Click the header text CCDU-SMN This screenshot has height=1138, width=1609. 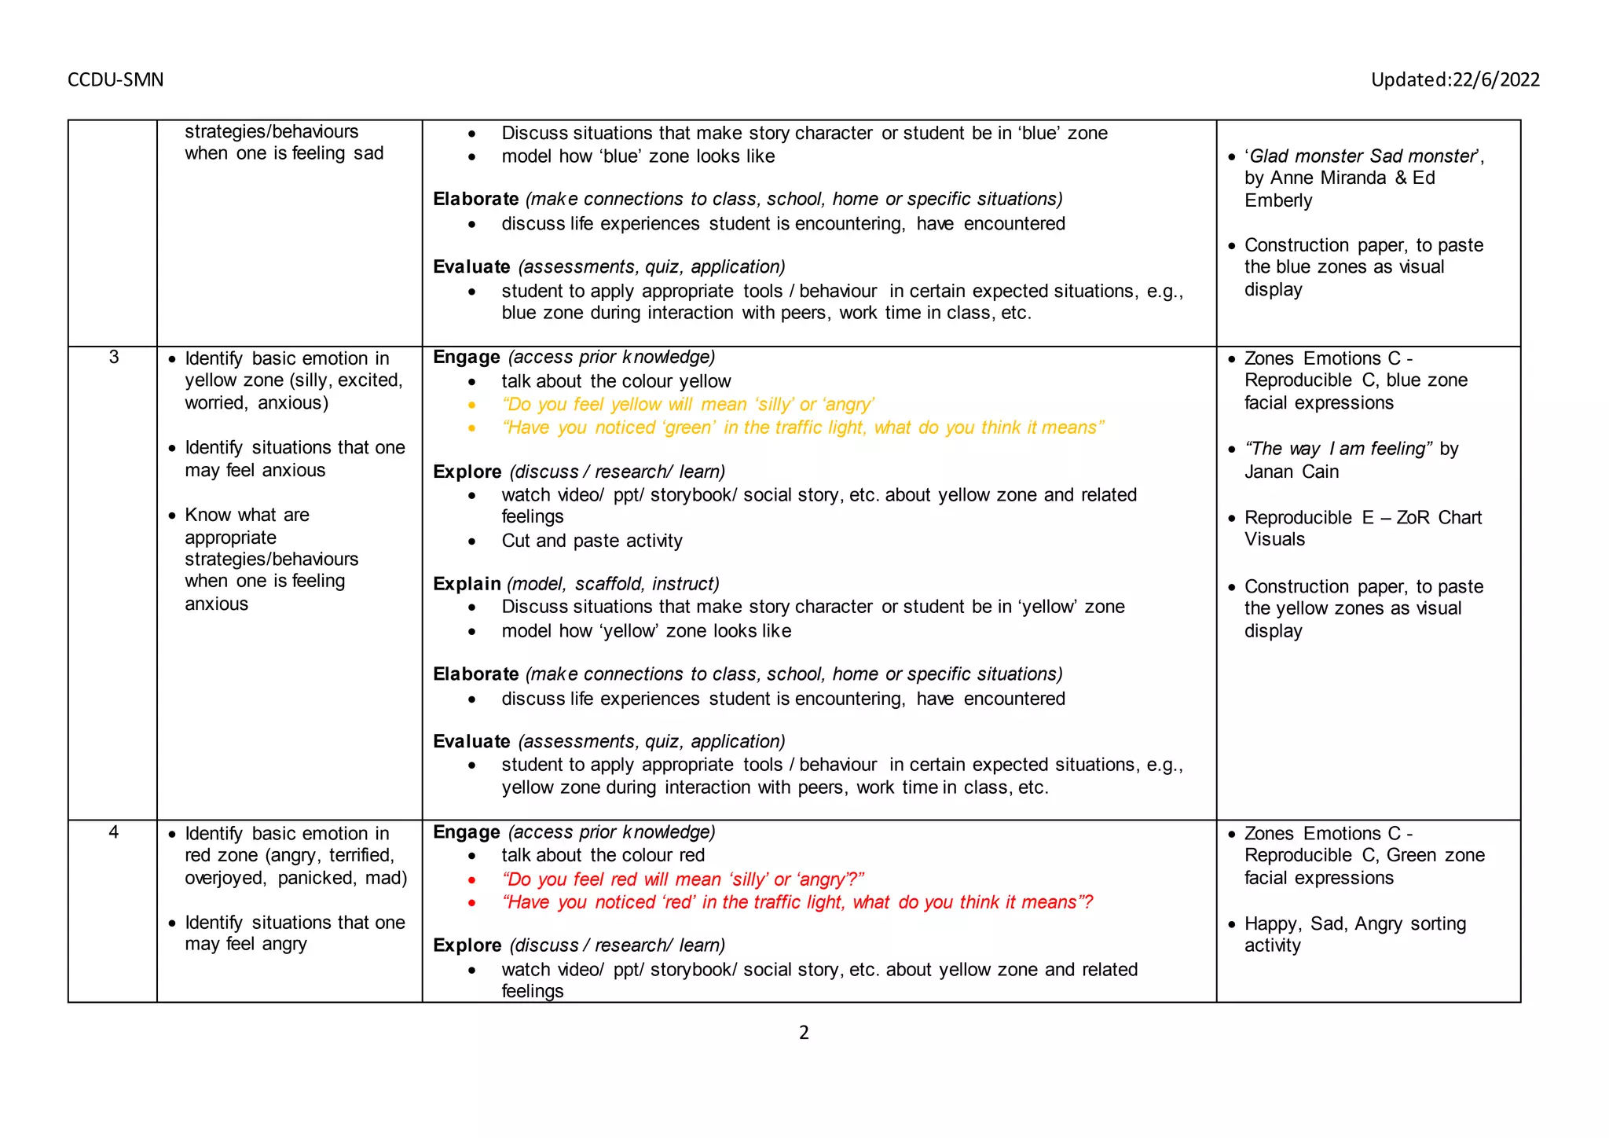click(x=115, y=79)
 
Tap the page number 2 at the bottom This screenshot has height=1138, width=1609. click(x=804, y=1033)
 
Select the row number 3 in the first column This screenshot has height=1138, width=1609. click(x=114, y=358)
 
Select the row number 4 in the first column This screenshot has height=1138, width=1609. click(x=114, y=832)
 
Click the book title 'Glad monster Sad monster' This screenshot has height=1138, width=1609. click(x=1364, y=156)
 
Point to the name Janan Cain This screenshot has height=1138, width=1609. click(x=1292, y=472)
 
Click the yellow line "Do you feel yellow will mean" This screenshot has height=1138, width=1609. click(x=687, y=405)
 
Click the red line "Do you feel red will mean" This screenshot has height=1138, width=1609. click(x=682, y=879)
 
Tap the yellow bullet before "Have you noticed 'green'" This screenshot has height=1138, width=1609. click(x=471, y=428)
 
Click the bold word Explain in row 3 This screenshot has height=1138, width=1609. click(x=467, y=584)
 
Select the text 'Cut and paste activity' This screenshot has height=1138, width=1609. click(x=592, y=541)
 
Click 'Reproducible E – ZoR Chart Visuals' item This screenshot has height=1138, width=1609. click(x=1362, y=528)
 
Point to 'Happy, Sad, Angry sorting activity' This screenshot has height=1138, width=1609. click(x=1354, y=934)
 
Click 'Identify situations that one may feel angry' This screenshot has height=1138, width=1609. click(x=295, y=933)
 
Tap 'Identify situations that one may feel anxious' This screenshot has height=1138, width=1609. click(x=295, y=459)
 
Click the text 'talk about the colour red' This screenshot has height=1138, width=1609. click(x=603, y=855)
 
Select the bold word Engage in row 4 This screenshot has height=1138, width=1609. click(x=466, y=832)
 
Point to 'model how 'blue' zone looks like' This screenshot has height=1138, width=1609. click(x=638, y=156)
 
